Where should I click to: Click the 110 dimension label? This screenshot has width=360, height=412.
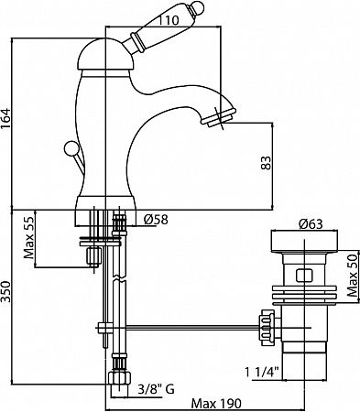[169, 20]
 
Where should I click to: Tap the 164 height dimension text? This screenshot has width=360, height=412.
[5, 119]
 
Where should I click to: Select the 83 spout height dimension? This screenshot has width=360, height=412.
[266, 164]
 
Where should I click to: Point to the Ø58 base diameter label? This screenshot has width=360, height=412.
[156, 219]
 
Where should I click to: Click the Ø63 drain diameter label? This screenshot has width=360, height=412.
[311, 224]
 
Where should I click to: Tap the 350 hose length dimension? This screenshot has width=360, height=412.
[5, 292]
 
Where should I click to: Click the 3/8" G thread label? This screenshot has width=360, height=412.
[156, 389]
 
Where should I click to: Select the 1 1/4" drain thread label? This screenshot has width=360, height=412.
[262, 372]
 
